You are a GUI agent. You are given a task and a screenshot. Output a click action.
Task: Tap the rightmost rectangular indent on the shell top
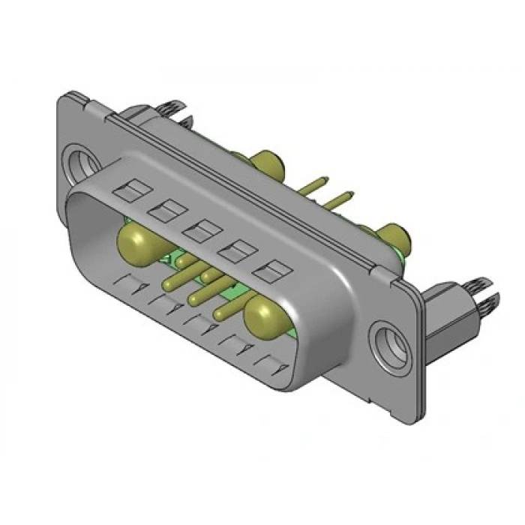270,269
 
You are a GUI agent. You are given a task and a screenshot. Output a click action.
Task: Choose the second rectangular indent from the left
162,211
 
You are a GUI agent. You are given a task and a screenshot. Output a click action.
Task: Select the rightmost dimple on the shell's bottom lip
273,365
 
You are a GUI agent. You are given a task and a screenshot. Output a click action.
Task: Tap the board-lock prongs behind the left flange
167,112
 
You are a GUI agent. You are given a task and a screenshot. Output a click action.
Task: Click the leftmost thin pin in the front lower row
175,283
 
